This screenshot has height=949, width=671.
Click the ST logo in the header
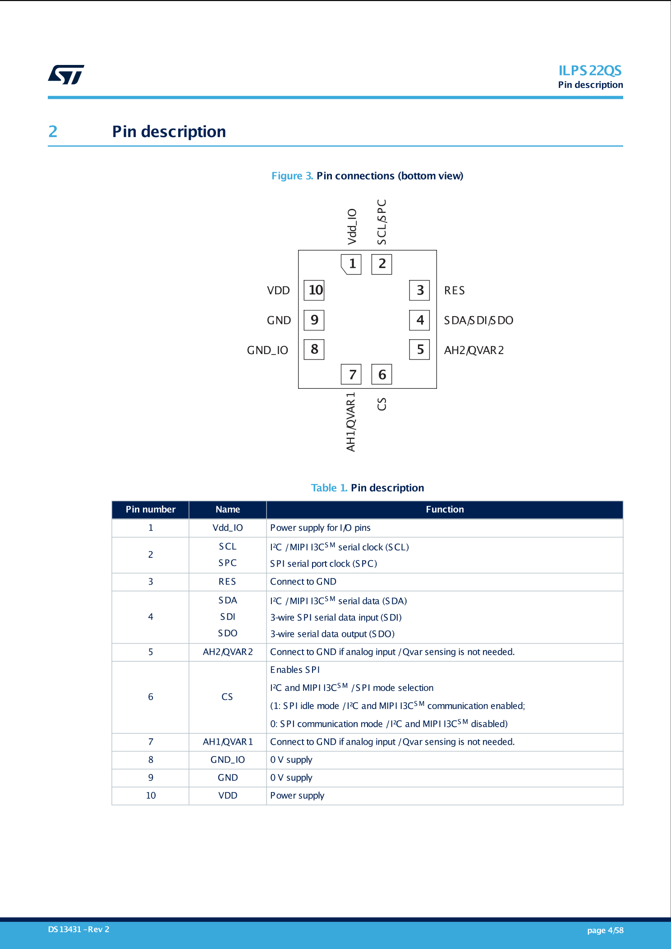point(66,75)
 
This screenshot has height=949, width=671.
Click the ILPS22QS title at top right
point(589,71)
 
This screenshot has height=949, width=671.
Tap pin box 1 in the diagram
point(351,264)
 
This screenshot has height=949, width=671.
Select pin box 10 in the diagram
point(314,290)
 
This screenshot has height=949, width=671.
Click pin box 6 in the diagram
point(381,374)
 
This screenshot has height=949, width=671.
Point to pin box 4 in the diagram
point(419,320)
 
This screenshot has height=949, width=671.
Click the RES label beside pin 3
point(454,290)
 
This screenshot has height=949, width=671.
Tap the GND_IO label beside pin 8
point(267,350)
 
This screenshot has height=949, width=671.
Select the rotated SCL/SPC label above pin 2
point(381,222)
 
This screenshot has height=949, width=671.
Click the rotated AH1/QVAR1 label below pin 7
point(351,422)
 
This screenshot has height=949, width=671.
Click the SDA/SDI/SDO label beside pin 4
point(478,320)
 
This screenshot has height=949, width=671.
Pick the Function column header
point(445,510)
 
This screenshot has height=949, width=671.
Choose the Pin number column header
point(150,510)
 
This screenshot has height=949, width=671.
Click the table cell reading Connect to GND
point(303,582)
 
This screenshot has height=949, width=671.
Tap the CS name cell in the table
point(227,697)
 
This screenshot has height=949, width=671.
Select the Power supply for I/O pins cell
point(320,528)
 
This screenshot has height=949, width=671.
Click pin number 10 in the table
point(151,796)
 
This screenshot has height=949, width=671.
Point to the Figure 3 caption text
point(367,176)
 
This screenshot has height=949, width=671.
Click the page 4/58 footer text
point(605,931)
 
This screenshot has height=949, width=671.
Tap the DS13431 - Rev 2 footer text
point(78,930)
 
